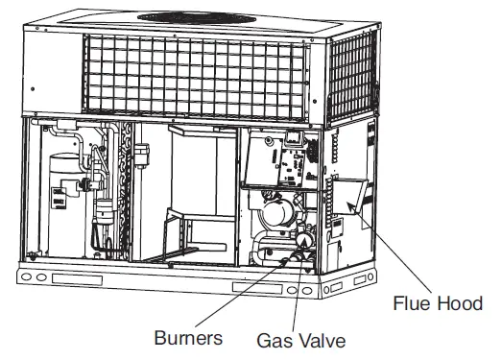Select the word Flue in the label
pyautogui.click(x=412, y=304)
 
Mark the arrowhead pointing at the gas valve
pyautogui.click(x=303, y=249)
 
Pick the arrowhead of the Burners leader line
pyautogui.click(x=288, y=253)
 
